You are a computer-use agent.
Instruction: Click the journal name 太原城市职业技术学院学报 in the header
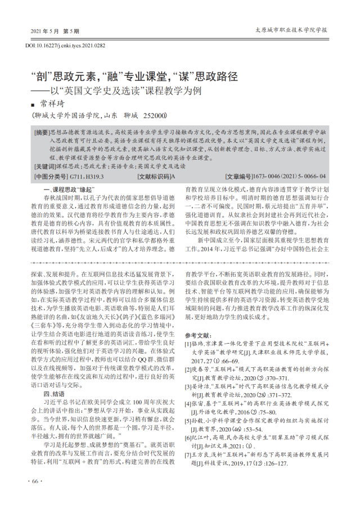pyautogui.click(x=290, y=29)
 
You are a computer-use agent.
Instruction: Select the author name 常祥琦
pyautogui.click(x=55, y=104)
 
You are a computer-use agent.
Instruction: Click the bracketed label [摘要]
pyautogui.click(x=42, y=132)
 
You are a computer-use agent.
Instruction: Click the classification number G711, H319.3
pyautogui.click(x=83, y=176)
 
